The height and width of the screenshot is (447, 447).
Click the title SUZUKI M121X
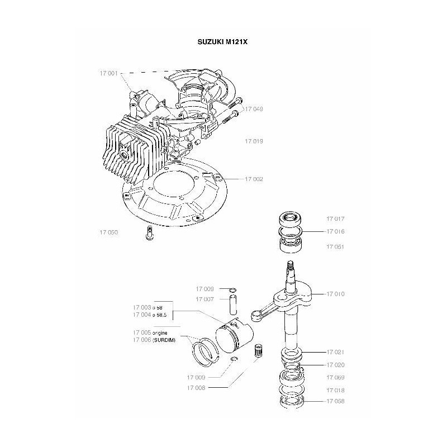point(223,41)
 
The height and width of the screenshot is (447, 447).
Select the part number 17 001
point(108,73)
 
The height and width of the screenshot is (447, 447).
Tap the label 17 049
point(254,110)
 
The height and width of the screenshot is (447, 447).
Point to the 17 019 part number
point(254,141)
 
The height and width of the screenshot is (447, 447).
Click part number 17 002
point(254,179)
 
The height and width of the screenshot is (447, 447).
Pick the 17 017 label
point(335,219)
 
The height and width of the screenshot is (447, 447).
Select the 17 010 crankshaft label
point(335,293)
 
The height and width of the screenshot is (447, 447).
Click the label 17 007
point(205,299)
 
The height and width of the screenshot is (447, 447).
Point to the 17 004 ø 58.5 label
point(150,315)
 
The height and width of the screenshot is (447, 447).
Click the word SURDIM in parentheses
point(164,340)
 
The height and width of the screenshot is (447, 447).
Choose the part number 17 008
point(205,386)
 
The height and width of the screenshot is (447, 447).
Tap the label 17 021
point(335,352)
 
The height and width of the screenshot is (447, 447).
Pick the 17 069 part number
point(335,378)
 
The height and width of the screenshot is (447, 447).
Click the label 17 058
point(335,401)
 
